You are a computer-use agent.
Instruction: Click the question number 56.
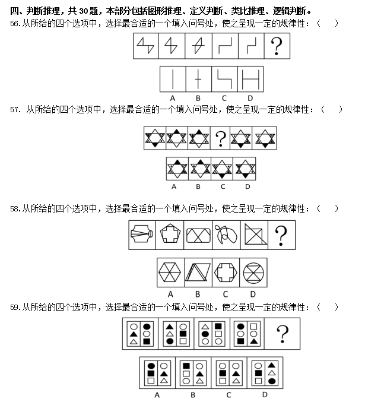[x=15, y=24]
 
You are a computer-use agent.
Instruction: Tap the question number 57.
[x=15, y=110]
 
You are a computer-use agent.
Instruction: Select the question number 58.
[x=15, y=208]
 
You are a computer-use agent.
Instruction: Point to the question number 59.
[x=15, y=307]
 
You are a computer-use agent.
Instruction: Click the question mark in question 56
[x=277, y=46]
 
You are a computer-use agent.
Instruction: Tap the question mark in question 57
[x=220, y=139]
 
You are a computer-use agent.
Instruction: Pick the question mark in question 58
[x=281, y=235]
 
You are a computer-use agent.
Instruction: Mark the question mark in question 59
[x=283, y=334]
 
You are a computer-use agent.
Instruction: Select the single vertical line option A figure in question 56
[x=173, y=79]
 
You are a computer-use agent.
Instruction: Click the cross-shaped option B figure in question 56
[x=198, y=79]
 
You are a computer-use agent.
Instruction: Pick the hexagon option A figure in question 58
[x=170, y=273]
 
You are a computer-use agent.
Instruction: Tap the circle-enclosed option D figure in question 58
[x=253, y=273]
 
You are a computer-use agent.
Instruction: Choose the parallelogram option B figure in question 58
[x=198, y=273]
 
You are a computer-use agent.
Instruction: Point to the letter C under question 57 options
[x=223, y=186]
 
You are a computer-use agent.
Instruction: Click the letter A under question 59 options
[x=157, y=395]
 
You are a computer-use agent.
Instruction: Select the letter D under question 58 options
[x=253, y=294]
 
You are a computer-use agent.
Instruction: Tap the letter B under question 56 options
[x=198, y=98]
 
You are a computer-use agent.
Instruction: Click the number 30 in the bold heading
[x=84, y=11]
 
